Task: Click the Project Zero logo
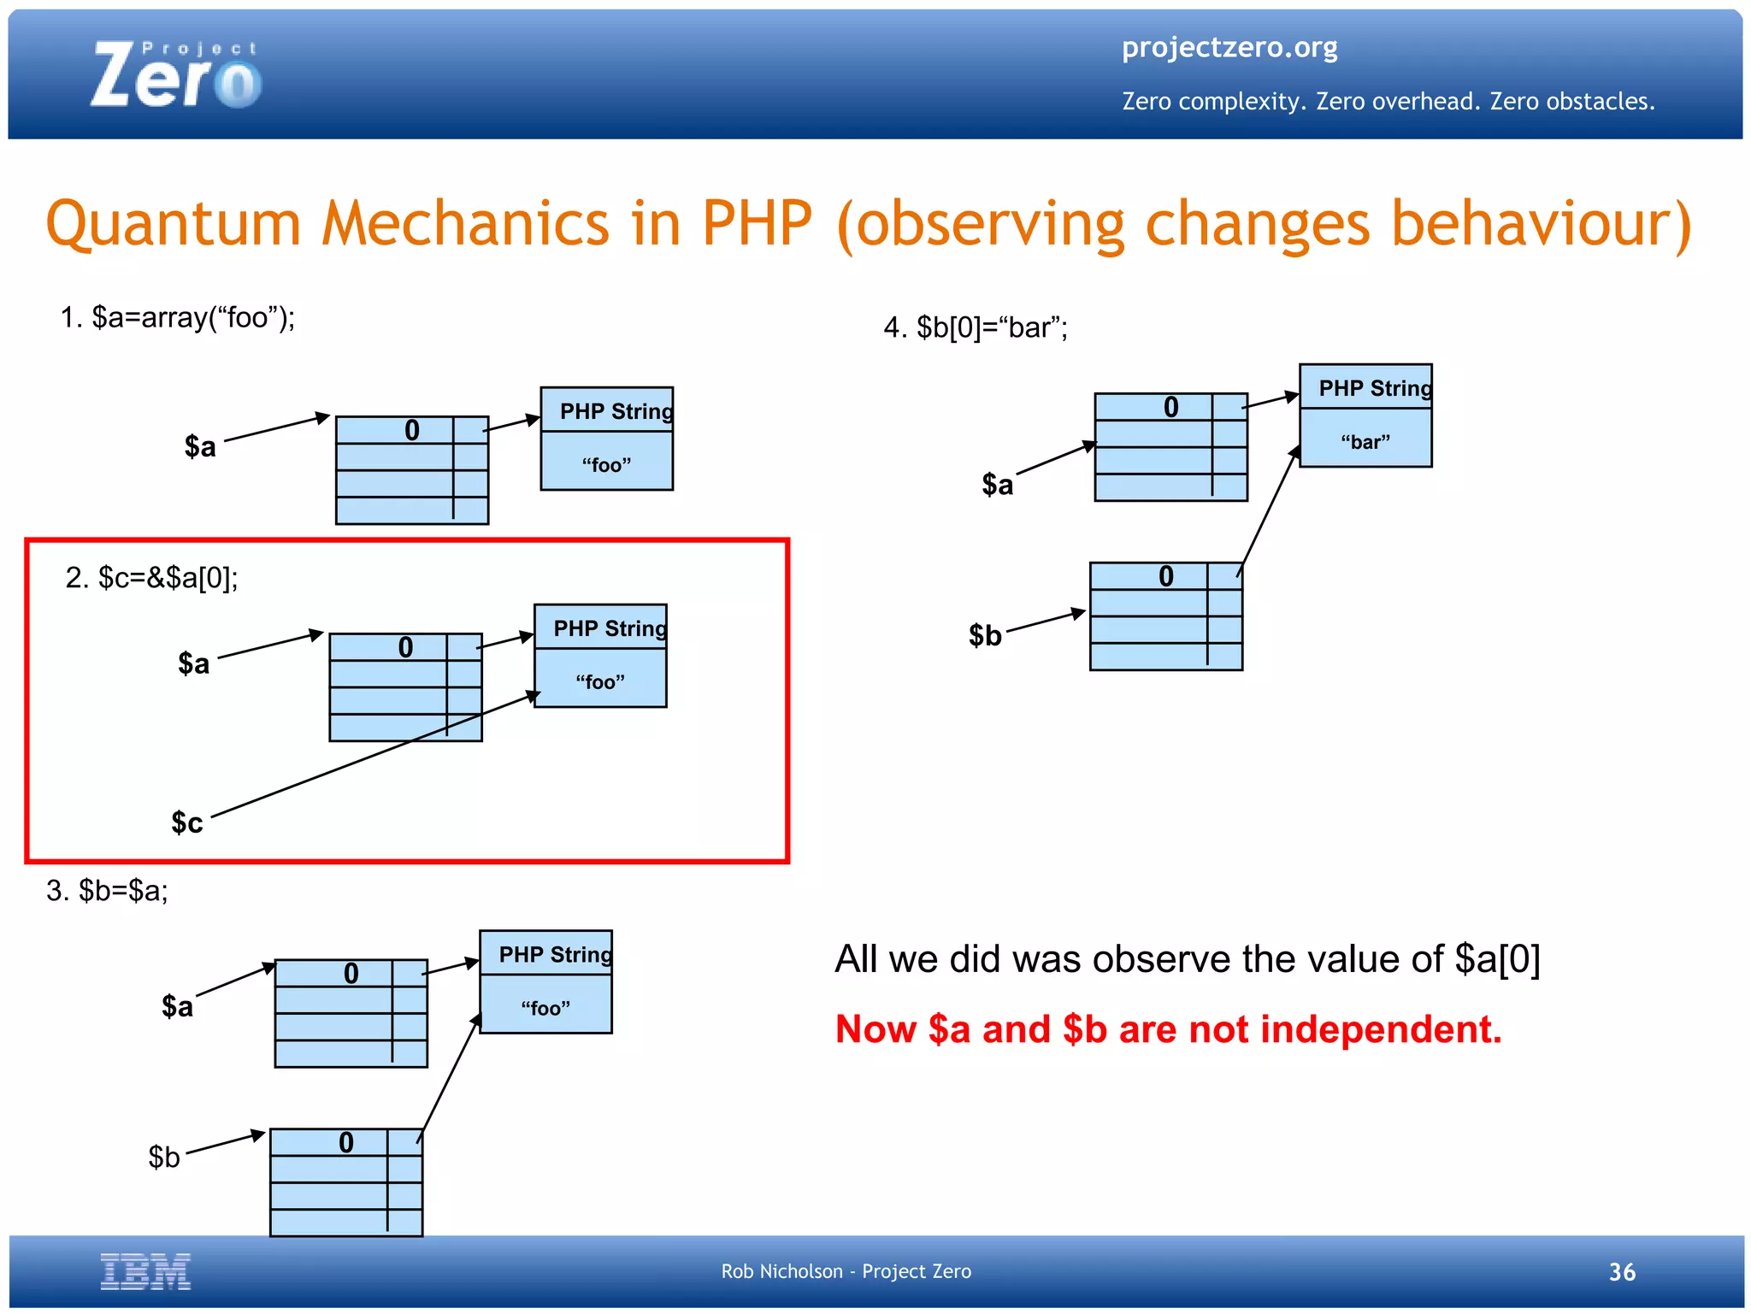(175, 75)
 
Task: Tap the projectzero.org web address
(1229, 47)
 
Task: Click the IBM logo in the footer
(145, 1271)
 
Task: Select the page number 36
(1621, 1272)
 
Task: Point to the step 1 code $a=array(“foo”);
(178, 318)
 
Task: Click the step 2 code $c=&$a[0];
(152, 578)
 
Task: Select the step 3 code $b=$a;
(108, 891)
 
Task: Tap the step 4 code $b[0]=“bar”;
(976, 327)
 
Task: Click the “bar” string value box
(1365, 441)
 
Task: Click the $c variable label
(186, 822)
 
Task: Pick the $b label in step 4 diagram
(985, 635)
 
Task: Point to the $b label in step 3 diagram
(164, 1157)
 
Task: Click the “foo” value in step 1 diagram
(606, 464)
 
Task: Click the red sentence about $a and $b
(1168, 1029)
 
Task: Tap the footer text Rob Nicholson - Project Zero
(846, 1271)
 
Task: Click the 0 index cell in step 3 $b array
(345, 1143)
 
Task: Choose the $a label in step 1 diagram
(200, 446)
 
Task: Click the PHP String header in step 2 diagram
(608, 628)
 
